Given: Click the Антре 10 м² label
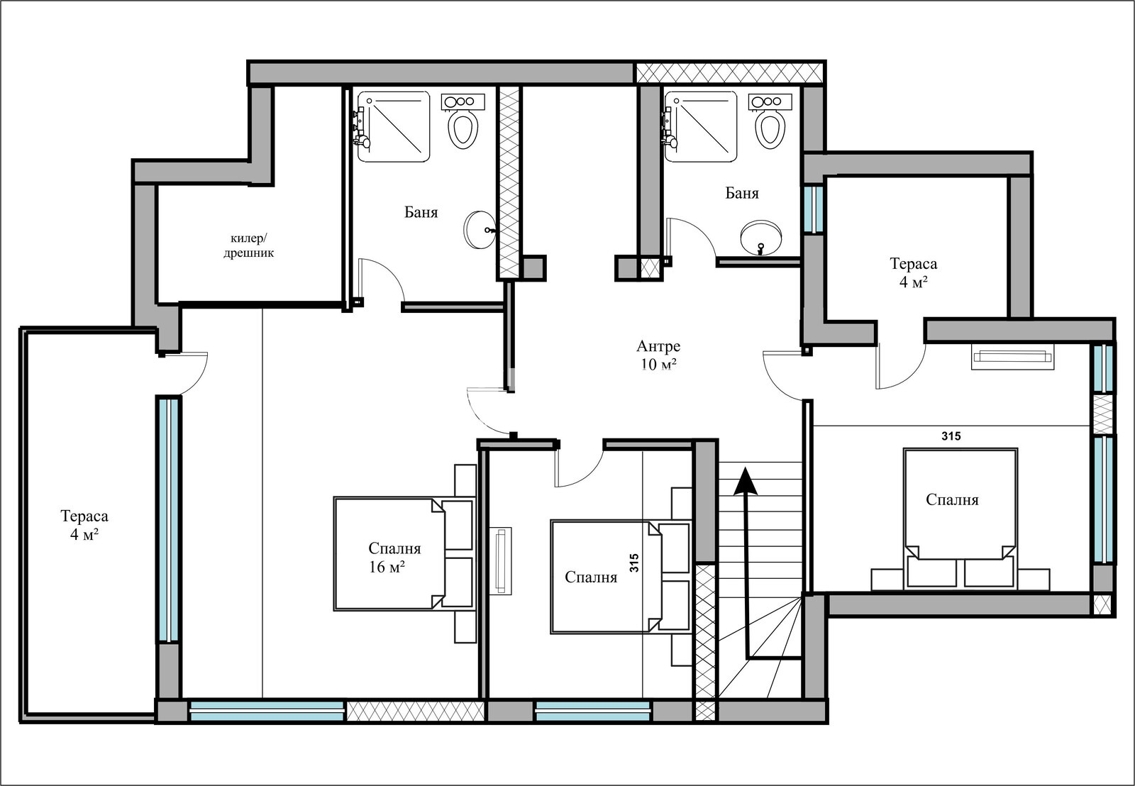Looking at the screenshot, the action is (x=658, y=355).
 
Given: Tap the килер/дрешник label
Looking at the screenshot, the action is (x=248, y=245).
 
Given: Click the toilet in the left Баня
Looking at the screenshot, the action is (x=463, y=121).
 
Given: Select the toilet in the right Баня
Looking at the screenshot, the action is (x=770, y=121).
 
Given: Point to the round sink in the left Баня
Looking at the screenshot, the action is (x=480, y=230).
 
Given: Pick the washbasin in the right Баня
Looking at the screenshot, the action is (x=760, y=238).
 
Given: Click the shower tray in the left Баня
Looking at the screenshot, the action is (x=394, y=127).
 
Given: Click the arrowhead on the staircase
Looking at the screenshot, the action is (x=746, y=482).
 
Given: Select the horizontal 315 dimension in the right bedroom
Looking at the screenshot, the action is (x=951, y=436).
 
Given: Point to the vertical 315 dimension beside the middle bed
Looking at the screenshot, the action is (x=634, y=563).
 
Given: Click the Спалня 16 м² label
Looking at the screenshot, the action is (x=394, y=558).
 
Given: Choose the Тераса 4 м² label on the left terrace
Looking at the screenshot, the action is (x=84, y=525).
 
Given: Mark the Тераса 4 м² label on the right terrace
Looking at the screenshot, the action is (x=914, y=272).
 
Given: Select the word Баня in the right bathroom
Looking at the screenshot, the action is (x=742, y=193).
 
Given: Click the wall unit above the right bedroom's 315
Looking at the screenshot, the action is (x=1012, y=357).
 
